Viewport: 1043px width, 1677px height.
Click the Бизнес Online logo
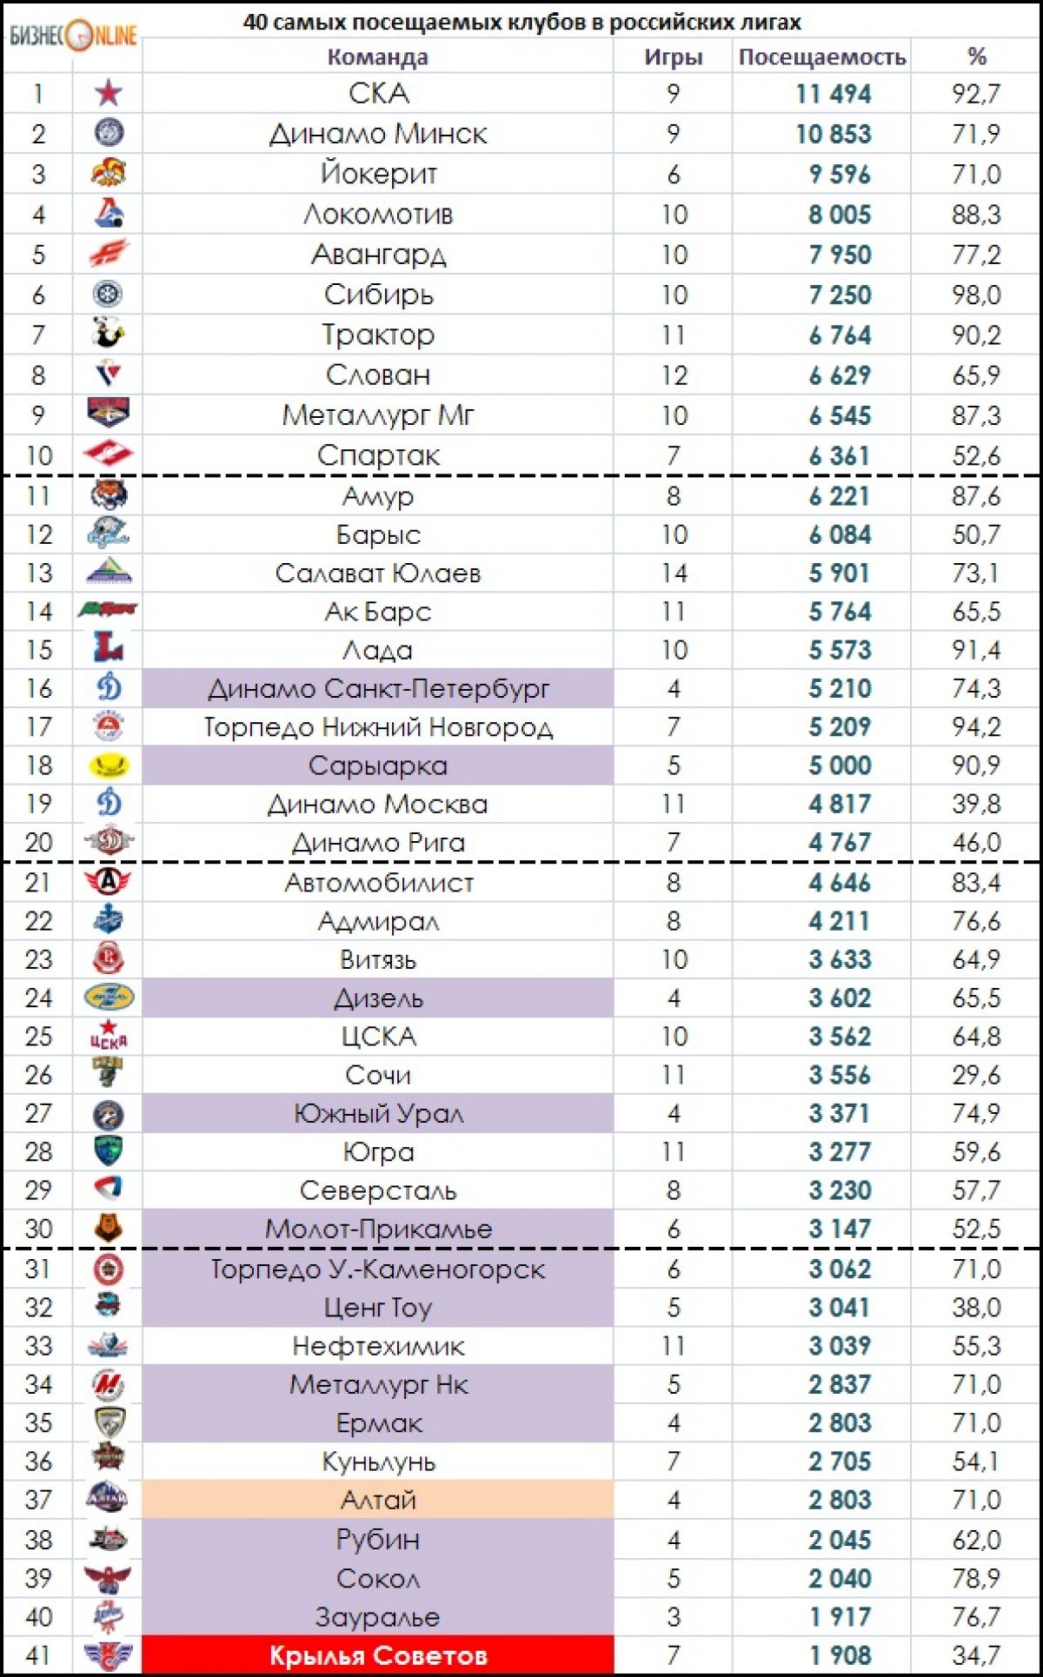pyautogui.click(x=73, y=36)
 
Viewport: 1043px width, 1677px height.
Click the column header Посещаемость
pyautogui.click(x=821, y=57)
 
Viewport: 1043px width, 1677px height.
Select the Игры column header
pyautogui.click(x=673, y=57)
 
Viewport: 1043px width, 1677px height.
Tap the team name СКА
pyautogui.click(x=378, y=94)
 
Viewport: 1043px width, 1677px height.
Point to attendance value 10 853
pyautogui.click(x=833, y=134)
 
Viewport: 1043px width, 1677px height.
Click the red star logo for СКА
pyautogui.click(x=109, y=92)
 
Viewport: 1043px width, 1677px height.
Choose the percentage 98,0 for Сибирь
pyautogui.click(x=976, y=295)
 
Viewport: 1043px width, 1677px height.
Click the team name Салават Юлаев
pyautogui.click(x=378, y=573)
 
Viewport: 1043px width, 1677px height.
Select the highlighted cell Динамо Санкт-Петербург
pyautogui.click(x=378, y=689)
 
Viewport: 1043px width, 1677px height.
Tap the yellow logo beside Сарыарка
pyautogui.click(x=109, y=766)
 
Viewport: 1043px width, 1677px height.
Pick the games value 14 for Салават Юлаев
pyautogui.click(x=674, y=573)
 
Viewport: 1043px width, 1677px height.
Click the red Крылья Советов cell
pyautogui.click(x=378, y=1656)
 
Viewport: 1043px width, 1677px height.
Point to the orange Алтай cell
pyautogui.click(x=378, y=1500)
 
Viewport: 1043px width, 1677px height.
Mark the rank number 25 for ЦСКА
pyautogui.click(x=38, y=1037)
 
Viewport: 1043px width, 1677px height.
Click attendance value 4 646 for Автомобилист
pyautogui.click(x=839, y=883)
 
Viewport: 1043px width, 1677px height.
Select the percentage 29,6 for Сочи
pyautogui.click(x=976, y=1076)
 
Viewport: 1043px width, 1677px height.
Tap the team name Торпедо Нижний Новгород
pyautogui.click(x=378, y=727)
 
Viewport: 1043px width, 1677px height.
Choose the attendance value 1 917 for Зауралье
pyautogui.click(x=839, y=1617)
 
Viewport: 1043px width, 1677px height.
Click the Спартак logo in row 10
pyautogui.click(x=109, y=454)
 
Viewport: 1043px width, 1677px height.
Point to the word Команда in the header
pyautogui.click(x=377, y=57)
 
